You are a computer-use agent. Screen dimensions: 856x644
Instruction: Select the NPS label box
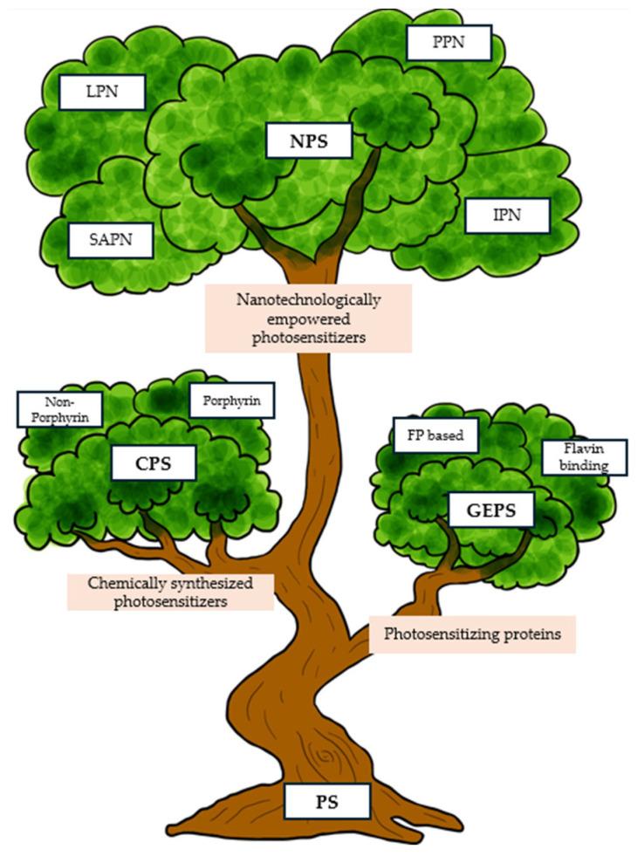coord(309,140)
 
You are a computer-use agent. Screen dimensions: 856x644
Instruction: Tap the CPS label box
coord(153,464)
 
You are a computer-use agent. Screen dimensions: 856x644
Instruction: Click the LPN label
coord(101,91)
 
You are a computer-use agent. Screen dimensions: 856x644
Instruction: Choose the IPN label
coord(507,216)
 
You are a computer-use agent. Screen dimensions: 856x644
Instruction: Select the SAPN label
coord(111,238)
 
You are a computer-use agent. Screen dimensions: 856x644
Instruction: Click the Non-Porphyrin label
coord(59,408)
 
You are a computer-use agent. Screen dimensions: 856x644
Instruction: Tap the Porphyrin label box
coord(231,401)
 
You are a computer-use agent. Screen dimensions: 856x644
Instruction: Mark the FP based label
coord(435,434)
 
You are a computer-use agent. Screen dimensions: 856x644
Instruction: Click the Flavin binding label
coord(584,457)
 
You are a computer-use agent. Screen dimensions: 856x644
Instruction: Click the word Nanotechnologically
coord(308,299)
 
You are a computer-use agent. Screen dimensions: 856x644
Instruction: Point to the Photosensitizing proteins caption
coord(472,635)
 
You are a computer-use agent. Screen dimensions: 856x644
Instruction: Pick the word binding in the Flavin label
coord(584,466)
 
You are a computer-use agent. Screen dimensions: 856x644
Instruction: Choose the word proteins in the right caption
coord(533,635)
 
